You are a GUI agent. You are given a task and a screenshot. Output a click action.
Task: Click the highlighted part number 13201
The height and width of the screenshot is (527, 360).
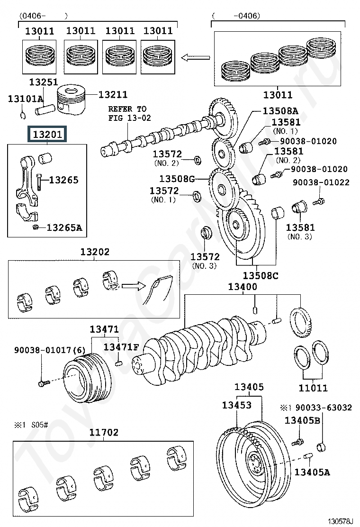47,135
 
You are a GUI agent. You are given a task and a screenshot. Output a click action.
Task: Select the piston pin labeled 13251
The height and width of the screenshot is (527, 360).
45,109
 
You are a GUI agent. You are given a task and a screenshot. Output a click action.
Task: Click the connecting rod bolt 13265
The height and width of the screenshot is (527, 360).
39,182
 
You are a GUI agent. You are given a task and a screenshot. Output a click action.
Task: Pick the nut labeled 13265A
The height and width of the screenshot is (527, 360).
35,227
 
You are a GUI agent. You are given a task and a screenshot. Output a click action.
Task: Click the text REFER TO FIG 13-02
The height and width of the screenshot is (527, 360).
129,113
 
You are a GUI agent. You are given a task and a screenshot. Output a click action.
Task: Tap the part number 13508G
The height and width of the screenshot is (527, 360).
177,179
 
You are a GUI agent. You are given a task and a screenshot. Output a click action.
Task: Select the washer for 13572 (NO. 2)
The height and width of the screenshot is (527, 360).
198,160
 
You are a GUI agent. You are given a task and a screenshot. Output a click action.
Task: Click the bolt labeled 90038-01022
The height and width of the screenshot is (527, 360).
318,202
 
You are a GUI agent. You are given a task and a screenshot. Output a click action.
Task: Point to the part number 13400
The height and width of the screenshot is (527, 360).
243,287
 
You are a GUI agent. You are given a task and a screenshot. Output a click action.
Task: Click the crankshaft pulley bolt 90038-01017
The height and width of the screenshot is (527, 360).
44,382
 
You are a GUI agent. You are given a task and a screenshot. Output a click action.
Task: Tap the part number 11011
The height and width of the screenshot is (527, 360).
313,388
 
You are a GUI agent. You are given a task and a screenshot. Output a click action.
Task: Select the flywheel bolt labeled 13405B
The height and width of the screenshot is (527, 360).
297,442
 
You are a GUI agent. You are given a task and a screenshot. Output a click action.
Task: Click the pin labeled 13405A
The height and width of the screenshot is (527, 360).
308,456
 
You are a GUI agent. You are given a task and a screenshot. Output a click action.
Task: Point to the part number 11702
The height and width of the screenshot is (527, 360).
104,432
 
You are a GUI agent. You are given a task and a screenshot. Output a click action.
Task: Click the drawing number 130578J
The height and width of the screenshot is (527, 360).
341,521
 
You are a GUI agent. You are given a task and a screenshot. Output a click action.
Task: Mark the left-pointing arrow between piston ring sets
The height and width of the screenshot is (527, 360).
196,58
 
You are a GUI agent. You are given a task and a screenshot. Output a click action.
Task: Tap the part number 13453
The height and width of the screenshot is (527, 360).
237,405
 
